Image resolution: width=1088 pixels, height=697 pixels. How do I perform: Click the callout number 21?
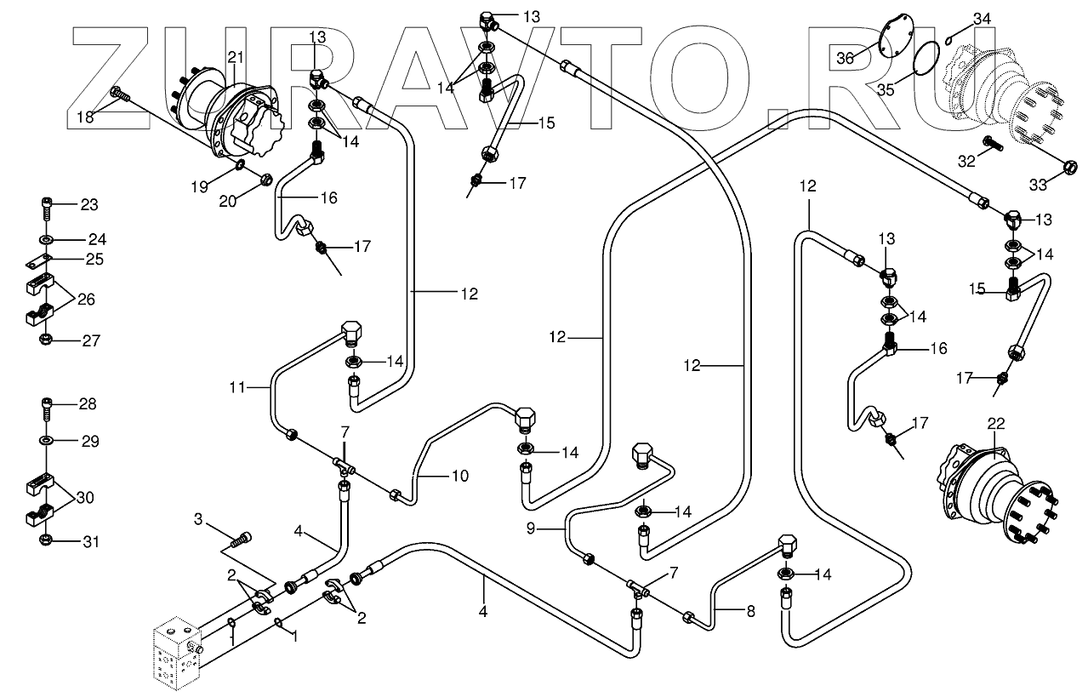(236, 57)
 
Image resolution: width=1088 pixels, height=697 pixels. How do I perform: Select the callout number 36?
(844, 58)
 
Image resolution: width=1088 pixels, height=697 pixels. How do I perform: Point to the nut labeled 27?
(47, 340)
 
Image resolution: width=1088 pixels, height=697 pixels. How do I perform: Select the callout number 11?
(237, 388)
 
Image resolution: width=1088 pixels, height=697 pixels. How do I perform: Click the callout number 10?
(459, 476)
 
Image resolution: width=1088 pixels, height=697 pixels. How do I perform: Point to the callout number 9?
(530, 528)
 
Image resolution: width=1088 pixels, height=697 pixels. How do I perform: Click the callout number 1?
(294, 636)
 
